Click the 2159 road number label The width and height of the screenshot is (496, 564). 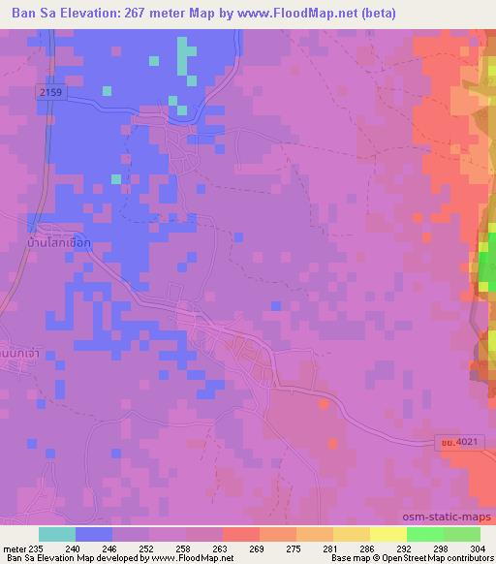click(52, 91)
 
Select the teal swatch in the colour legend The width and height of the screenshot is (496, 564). click(57, 535)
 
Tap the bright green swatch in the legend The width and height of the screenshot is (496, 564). click(425, 535)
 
